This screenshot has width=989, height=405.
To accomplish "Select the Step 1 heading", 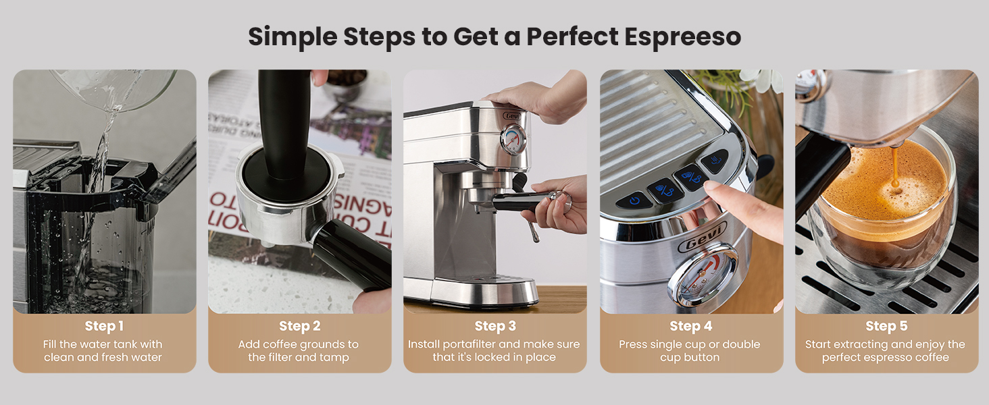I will [104, 326].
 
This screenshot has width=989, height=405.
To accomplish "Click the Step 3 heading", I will [494, 326].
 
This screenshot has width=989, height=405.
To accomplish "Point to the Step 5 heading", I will [886, 326].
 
